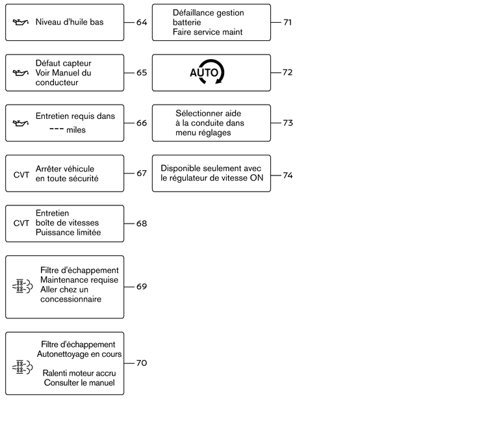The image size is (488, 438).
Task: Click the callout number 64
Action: coord(142,22)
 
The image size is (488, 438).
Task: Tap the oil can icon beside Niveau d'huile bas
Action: coord(21,22)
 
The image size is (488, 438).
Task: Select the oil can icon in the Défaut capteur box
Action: coord(21,73)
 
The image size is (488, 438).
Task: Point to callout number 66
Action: coord(142,123)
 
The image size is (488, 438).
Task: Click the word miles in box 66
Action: coord(76,130)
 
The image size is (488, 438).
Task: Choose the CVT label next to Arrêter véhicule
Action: coord(21,175)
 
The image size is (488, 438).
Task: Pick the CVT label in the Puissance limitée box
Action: coord(21,223)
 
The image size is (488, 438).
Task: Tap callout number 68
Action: coord(142,224)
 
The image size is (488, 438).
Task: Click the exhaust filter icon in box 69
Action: coord(22,287)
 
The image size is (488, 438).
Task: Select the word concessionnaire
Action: coord(71,299)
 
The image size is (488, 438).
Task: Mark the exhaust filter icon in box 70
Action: coord(22,367)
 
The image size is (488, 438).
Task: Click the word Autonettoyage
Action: coord(62,354)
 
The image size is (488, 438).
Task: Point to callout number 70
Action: coord(142,363)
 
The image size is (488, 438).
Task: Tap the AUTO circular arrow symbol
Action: coord(207,72)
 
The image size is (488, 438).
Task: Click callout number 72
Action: coord(288,72)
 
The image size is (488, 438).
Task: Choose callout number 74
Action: coord(288,175)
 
